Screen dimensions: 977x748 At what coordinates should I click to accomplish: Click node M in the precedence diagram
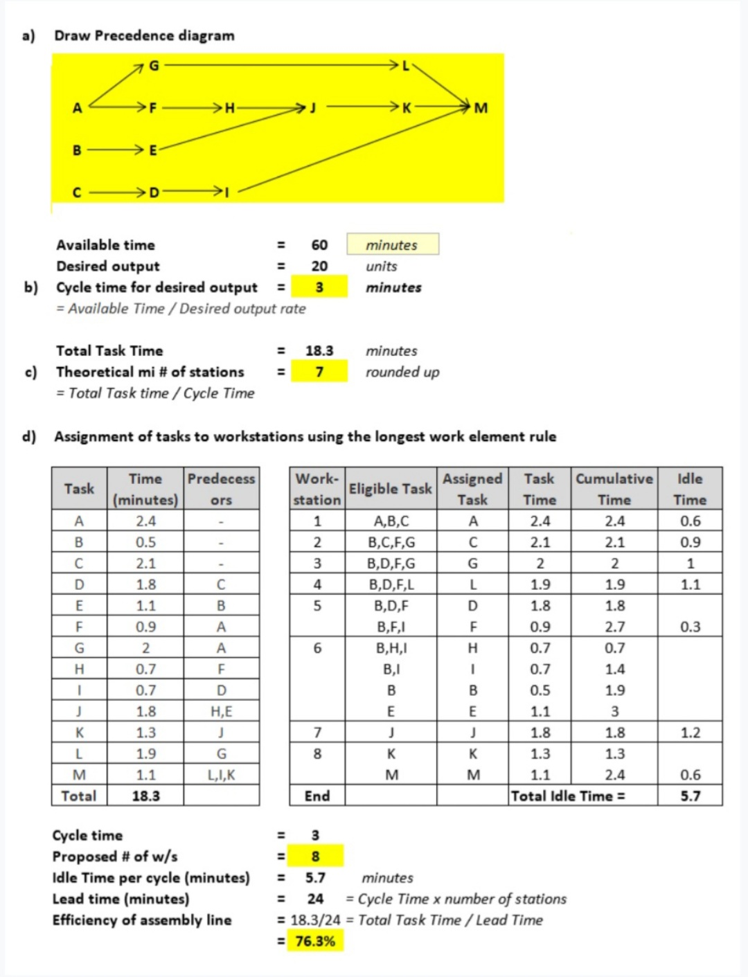pos(481,108)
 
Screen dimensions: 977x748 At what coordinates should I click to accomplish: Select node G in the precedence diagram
pos(154,66)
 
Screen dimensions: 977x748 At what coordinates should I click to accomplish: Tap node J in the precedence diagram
pos(312,108)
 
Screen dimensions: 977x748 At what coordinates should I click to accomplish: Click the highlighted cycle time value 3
pos(319,287)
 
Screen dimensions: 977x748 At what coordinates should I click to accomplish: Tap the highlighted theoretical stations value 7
pos(319,372)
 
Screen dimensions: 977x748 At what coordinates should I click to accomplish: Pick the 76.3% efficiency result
pos(315,941)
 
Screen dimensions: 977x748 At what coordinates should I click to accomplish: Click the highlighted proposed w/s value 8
pos(315,857)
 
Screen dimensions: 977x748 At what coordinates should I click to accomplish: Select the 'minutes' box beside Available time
pos(392,244)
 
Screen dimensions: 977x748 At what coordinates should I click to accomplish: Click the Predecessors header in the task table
pos(221,489)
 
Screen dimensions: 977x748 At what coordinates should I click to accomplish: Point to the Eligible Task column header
pos(390,489)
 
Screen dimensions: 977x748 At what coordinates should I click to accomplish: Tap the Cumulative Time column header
pos(614,489)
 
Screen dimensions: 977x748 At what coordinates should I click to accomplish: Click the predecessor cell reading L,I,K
pos(221,775)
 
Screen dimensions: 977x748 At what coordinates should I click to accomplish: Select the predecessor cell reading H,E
pos(221,711)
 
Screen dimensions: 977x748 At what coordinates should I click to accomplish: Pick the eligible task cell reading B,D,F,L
pos(391,584)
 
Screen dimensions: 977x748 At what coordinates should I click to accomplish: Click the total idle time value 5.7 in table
pos(690,796)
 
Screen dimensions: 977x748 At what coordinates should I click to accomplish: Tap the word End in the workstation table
pos(317,796)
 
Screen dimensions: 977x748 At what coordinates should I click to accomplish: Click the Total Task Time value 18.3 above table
pos(319,351)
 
